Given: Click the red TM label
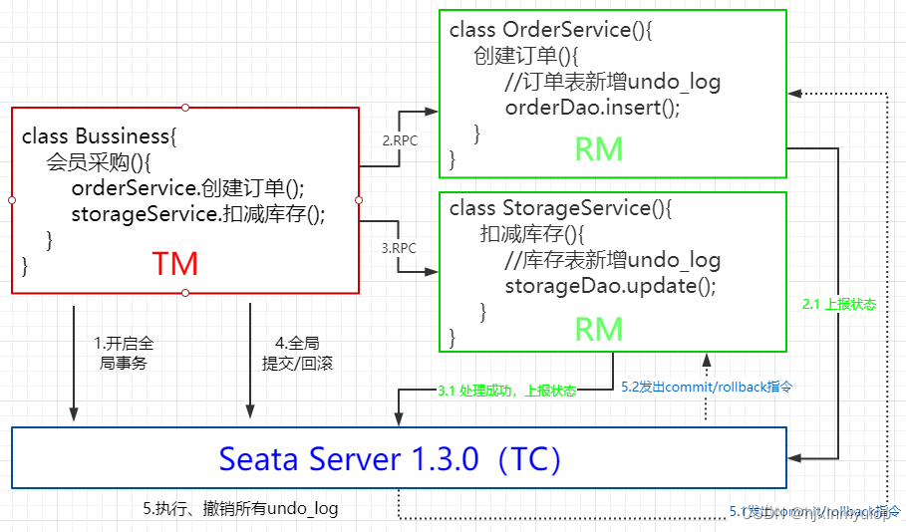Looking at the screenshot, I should pyautogui.click(x=175, y=263).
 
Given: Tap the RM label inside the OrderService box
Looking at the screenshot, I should pyautogui.click(x=599, y=148).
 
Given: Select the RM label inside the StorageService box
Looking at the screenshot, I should pyautogui.click(x=599, y=329).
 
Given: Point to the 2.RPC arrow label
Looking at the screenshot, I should pyautogui.click(x=401, y=140).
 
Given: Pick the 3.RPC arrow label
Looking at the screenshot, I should pyautogui.click(x=401, y=248).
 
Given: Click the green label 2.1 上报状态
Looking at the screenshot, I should pyautogui.click(x=839, y=304).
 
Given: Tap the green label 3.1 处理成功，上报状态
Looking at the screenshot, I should pyautogui.click(x=506, y=391).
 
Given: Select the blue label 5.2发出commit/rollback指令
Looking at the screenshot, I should pyautogui.click(x=707, y=385).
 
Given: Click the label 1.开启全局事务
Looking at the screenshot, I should pyautogui.click(x=124, y=353).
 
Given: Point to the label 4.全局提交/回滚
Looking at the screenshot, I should pyautogui.click(x=297, y=353).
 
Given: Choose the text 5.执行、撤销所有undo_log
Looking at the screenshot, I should pyautogui.click(x=240, y=508).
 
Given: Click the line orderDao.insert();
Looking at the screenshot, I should pyautogui.click(x=592, y=108).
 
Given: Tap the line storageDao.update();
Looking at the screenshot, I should pyautogui.click(x=610, y=286).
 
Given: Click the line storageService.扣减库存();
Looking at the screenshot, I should pyautogui.click(x=198, y=213).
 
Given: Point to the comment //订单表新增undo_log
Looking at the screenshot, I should pyautogui.click(x=612, y=82).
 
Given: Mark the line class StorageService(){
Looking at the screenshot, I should pyautogui.click(x=561, y=208).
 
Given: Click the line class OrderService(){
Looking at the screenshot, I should pyautogui.click(x=550, y=30).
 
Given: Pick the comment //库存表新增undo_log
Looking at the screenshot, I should pyautogui.click(x=612, y=260).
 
